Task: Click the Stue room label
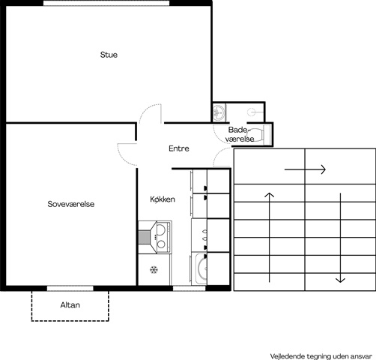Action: pos(109,55)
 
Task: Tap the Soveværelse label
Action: pos(71,204)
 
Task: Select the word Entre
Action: pos(179,148)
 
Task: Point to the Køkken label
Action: pos(163,199)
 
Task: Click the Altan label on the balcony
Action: pos(70,305)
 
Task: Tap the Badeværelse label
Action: pos(240,134)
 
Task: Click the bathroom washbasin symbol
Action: pos(219,112)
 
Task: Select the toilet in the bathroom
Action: pos(260,135)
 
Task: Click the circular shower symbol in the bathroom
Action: pos(252,112)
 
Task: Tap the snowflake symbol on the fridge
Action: pos(154,270)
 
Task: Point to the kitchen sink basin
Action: pos(201,268)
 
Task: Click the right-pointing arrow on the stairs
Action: pos(305,169)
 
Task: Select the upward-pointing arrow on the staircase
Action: pos(269,238)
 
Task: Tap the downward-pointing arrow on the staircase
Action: pos(340,238)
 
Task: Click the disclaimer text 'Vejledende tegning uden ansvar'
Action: pos(321,356)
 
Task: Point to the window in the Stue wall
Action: pos(106,3)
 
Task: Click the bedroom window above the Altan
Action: pos(70,288)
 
